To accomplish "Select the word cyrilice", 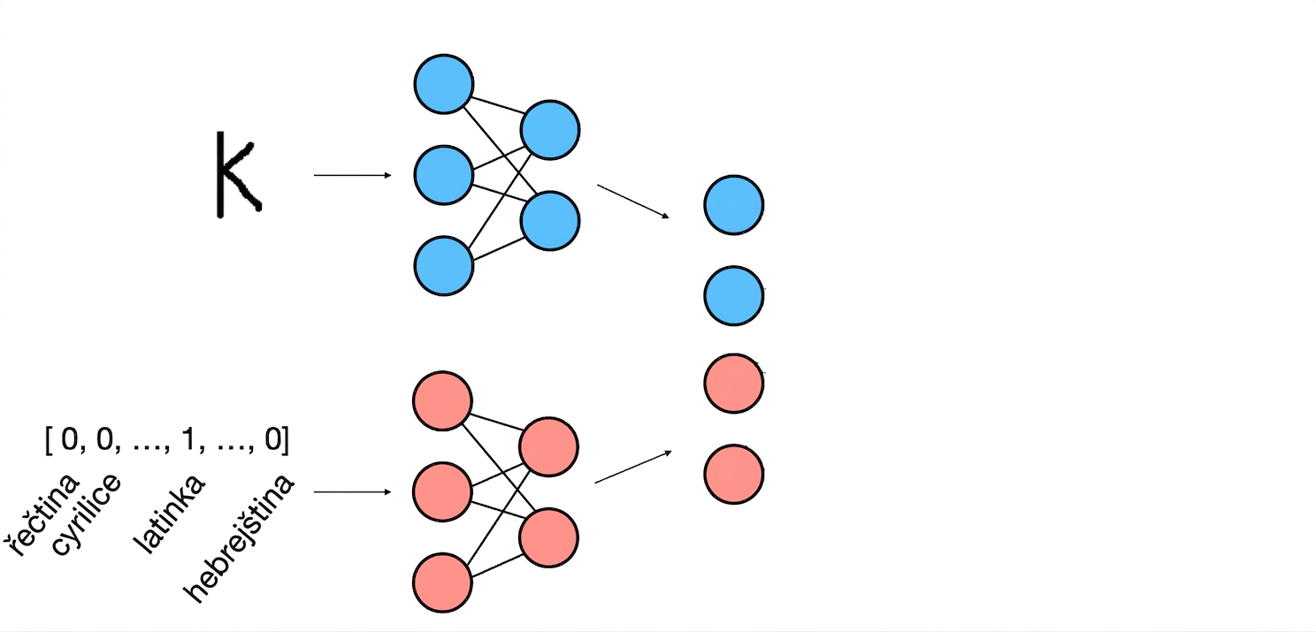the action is click(87, 514).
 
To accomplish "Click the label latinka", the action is click(169, 514).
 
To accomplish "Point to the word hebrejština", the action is click(238, 538).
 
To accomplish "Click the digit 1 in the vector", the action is click(188, 438).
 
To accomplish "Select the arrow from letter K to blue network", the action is click(353, 175).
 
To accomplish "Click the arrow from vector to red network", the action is click(353, 491).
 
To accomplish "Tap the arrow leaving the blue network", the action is click(633, 202).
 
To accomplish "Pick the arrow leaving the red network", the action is click(633, 467).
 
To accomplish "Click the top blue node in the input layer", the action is click(444, 84).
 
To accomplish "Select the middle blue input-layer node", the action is click(444, 175).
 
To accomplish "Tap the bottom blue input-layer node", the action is click(444, 266).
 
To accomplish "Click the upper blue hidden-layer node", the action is click(550, 130).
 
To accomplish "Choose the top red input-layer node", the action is click(442, 400).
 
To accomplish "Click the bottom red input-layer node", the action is click(442, 583).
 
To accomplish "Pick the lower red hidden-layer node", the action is click(548, 538).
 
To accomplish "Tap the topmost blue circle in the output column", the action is click(734, 205).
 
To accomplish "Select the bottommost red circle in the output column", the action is click(734, 475).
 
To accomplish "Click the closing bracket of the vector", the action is click(286, 440).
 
